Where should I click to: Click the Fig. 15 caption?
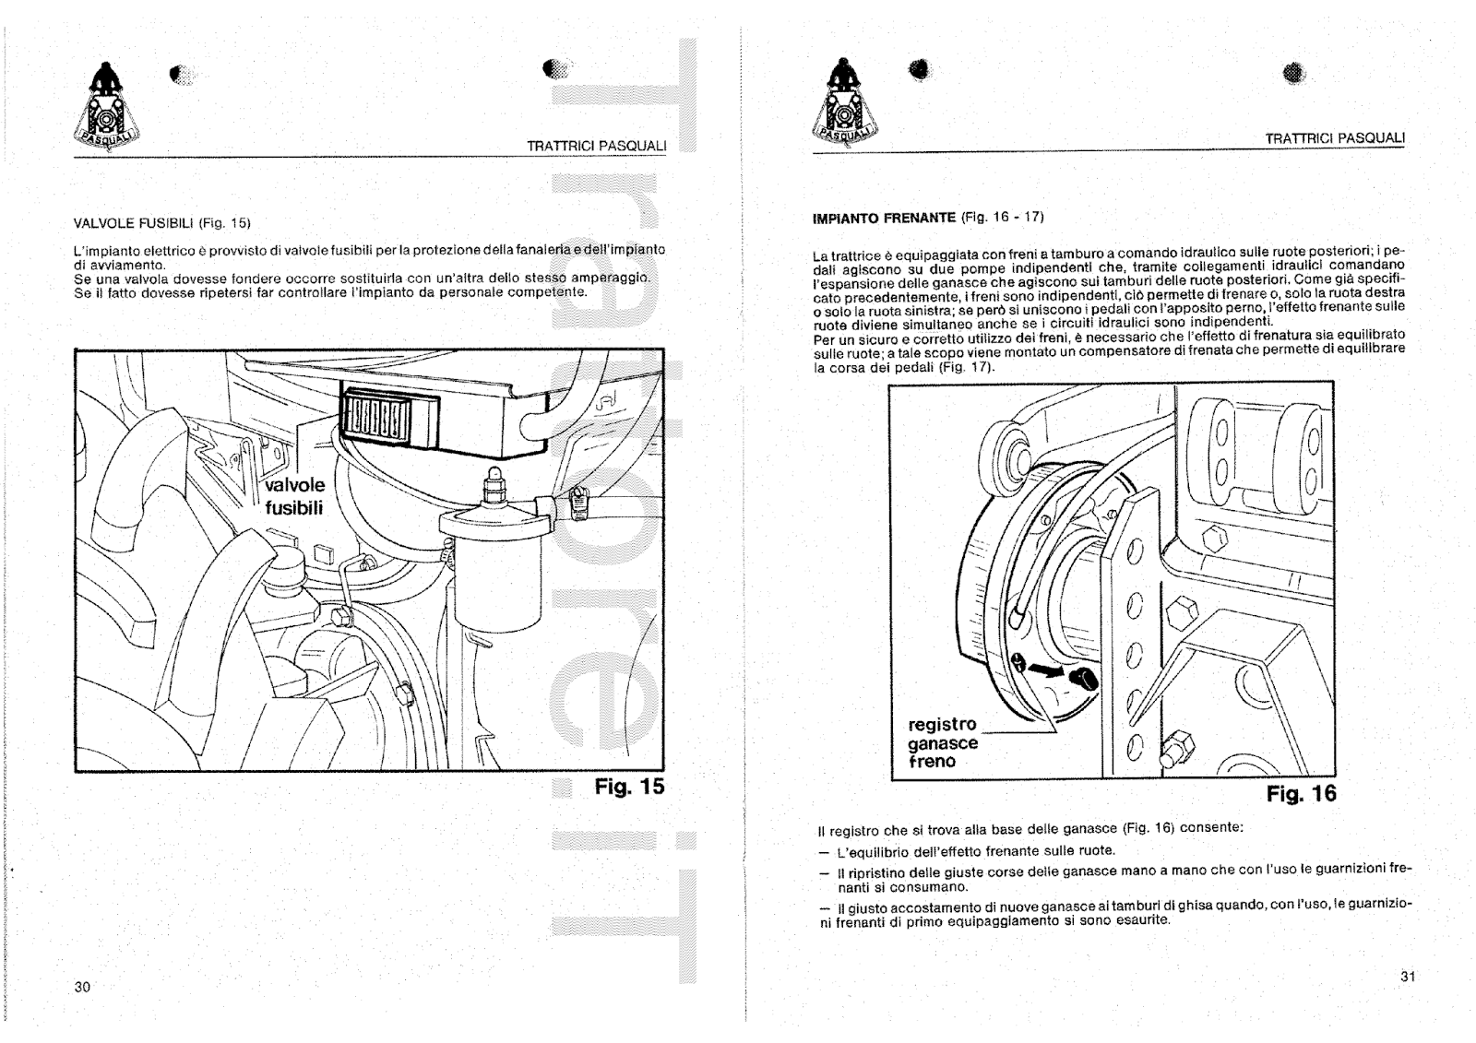click(629, 787)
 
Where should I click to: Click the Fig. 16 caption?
click(1301, 794)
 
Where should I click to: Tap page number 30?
click(82, 987)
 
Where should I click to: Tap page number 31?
click(1407, 977)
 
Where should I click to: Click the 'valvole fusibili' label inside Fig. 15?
click(294, 497)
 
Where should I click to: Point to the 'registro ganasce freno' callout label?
click(942, 742)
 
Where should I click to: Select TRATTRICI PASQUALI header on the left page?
click(596, 146)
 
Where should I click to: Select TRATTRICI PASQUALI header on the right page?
click(1334, 138)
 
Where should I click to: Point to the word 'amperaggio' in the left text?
click(611, 278)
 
